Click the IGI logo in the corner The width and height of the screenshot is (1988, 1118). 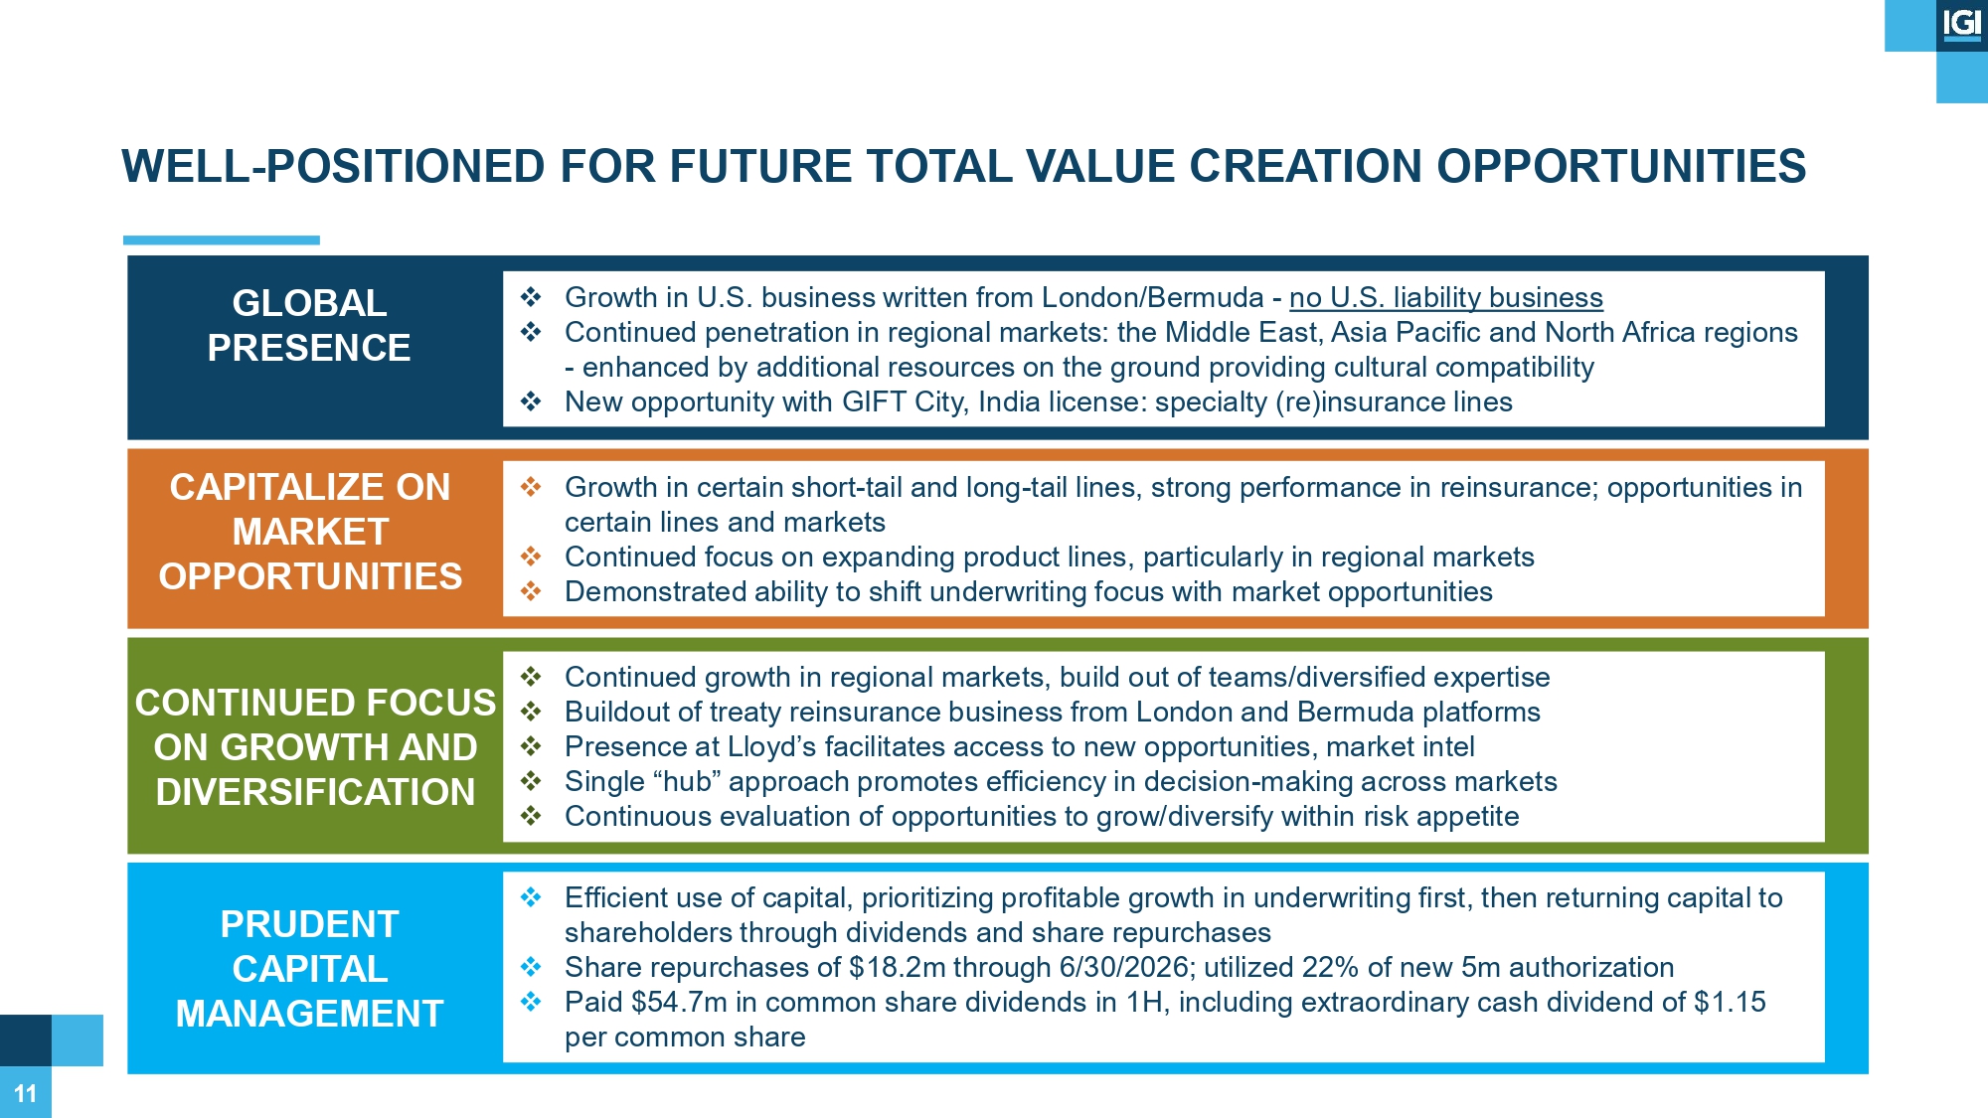pos(1961,24)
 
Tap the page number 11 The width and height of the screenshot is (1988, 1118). pos(25,1093)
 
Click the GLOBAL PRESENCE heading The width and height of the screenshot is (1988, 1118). pos(309,325)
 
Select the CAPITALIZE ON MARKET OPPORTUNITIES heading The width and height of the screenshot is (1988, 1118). pos(310,532)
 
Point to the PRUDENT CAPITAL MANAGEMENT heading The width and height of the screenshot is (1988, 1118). pos(309,969)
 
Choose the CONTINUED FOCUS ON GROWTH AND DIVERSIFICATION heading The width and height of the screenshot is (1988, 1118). pos(315,747)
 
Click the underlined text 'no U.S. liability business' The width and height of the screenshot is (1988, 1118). pos(1446,298)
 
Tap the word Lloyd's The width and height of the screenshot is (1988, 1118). pos(771,746)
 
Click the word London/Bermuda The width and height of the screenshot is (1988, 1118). pos(1153,298)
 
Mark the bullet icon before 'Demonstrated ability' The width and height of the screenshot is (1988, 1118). pos(531,591)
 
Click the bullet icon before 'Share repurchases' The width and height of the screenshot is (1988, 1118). pos(531,967)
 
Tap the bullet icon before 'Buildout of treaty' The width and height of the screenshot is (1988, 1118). pos(531,712)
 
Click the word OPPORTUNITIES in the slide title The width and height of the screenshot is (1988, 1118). pos(1621,166)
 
